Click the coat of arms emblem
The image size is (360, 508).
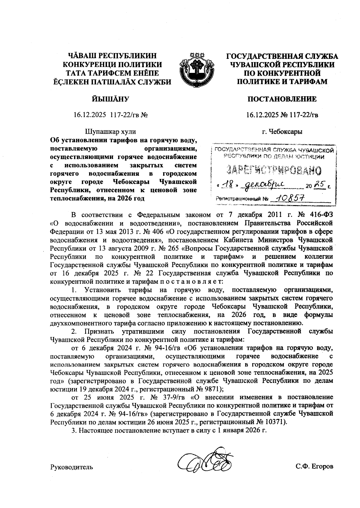196,69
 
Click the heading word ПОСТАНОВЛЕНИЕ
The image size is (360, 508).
282,99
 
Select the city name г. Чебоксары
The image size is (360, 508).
282,131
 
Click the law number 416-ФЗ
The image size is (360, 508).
321,215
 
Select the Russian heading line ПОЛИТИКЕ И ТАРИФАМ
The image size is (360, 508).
282,81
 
